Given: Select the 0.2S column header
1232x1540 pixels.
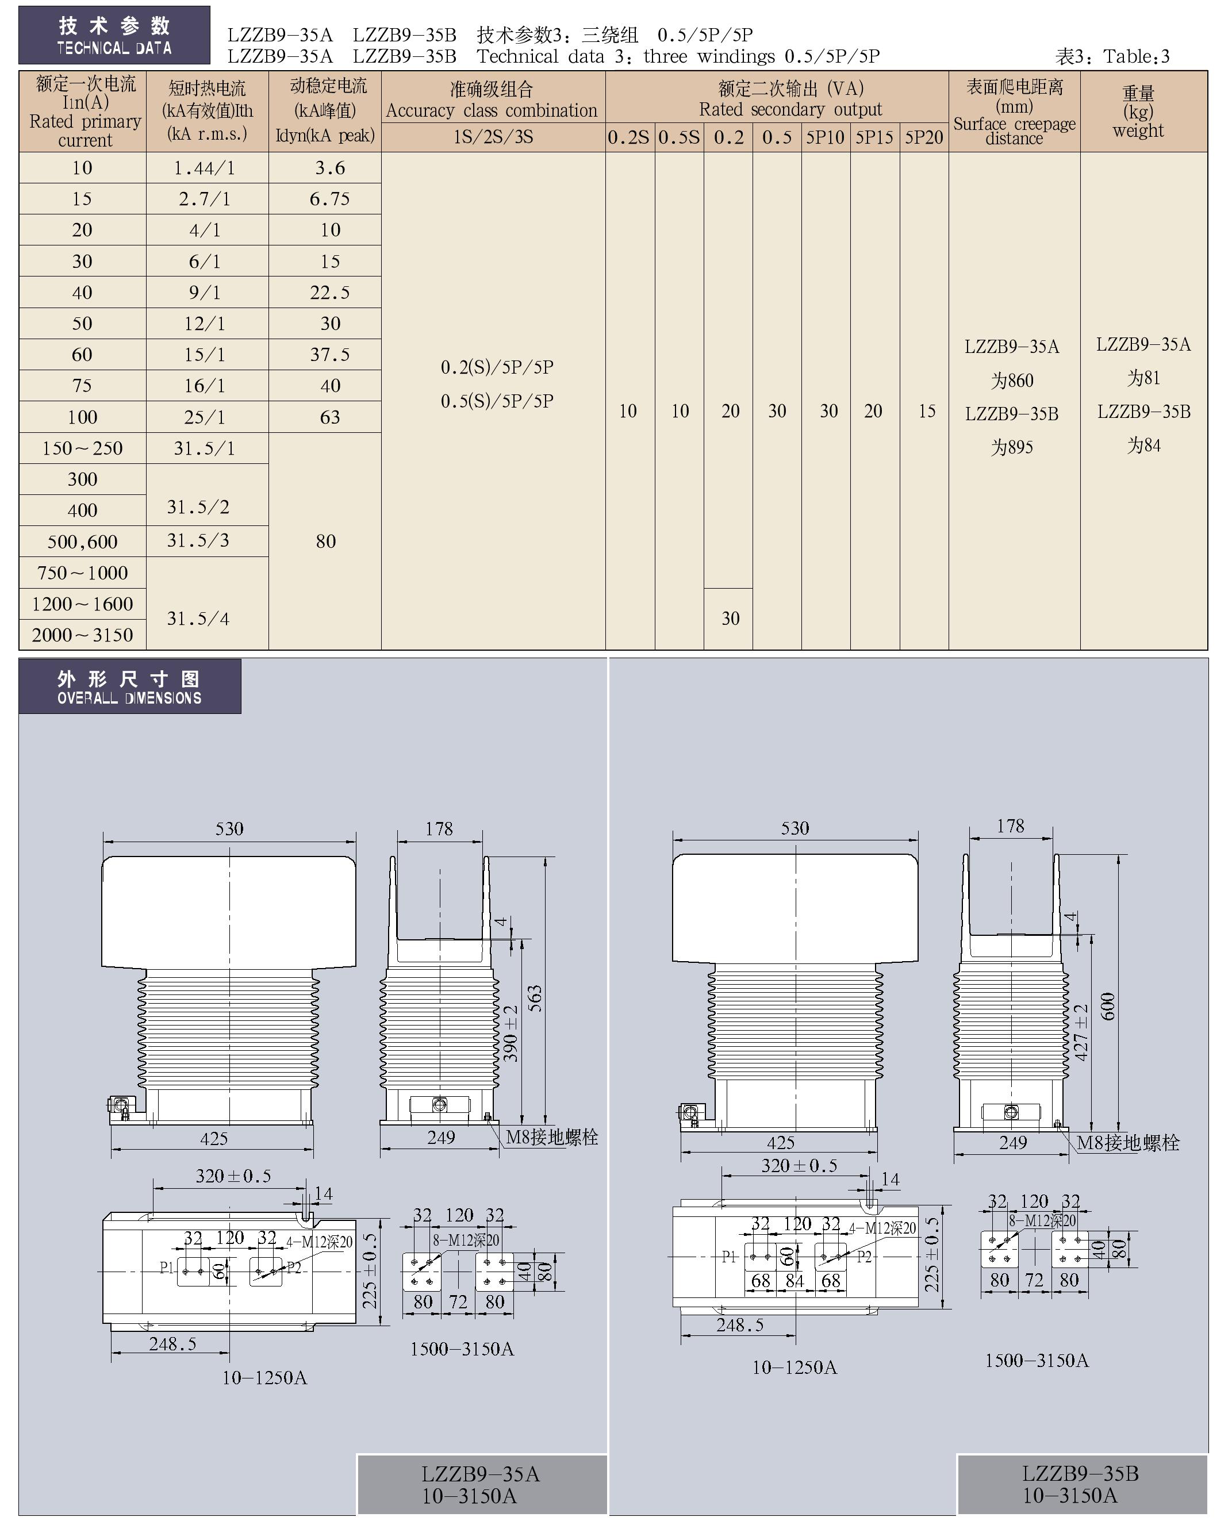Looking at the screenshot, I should pyautogui.click(x=628, y=137).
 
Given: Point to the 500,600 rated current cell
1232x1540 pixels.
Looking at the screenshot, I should pyautogui.click(x=82, y=542).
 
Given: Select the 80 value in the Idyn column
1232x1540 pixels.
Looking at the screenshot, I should pyautogui.click(x=325, y=541).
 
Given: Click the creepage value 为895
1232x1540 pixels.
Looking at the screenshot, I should pyautogui.click(x=1011, y=447).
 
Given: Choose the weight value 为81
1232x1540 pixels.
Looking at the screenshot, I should pyautogui.click(x=1143, y=378).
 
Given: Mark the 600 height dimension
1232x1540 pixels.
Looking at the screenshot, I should pyautogui.click(x=1107, y=1006).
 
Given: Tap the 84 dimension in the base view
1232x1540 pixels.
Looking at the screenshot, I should pyautogui.click(x=794, y=1281).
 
